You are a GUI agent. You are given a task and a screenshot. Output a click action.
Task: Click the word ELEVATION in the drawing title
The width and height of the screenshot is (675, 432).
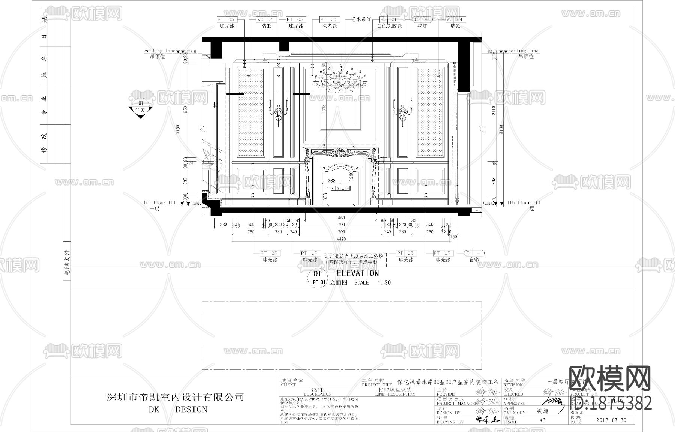click(357, 273)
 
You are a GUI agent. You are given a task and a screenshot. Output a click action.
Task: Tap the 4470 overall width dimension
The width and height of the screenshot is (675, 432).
click(340, 239)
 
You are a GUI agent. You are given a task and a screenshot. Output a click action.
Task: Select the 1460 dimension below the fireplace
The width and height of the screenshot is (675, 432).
click(340, 218)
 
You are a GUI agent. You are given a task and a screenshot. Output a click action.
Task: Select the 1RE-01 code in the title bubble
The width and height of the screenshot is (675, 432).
click(317, 282)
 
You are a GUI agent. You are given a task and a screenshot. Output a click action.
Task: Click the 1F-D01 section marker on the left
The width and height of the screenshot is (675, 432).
click(141, 109)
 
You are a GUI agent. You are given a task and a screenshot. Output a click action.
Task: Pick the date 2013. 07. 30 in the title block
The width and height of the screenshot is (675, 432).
click(611, 420)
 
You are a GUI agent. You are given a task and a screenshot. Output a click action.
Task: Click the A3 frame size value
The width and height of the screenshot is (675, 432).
click(542, 420)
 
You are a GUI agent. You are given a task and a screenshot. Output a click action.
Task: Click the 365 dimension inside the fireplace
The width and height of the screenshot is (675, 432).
click(331, 181)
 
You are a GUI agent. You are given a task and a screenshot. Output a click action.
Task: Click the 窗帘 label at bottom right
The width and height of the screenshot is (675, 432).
click(474, 259)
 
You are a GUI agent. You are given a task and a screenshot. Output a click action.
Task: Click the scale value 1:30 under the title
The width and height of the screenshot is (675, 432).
click(384, 283)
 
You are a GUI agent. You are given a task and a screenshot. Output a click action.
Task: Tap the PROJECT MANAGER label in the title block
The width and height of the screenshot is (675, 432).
click(457, 403)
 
